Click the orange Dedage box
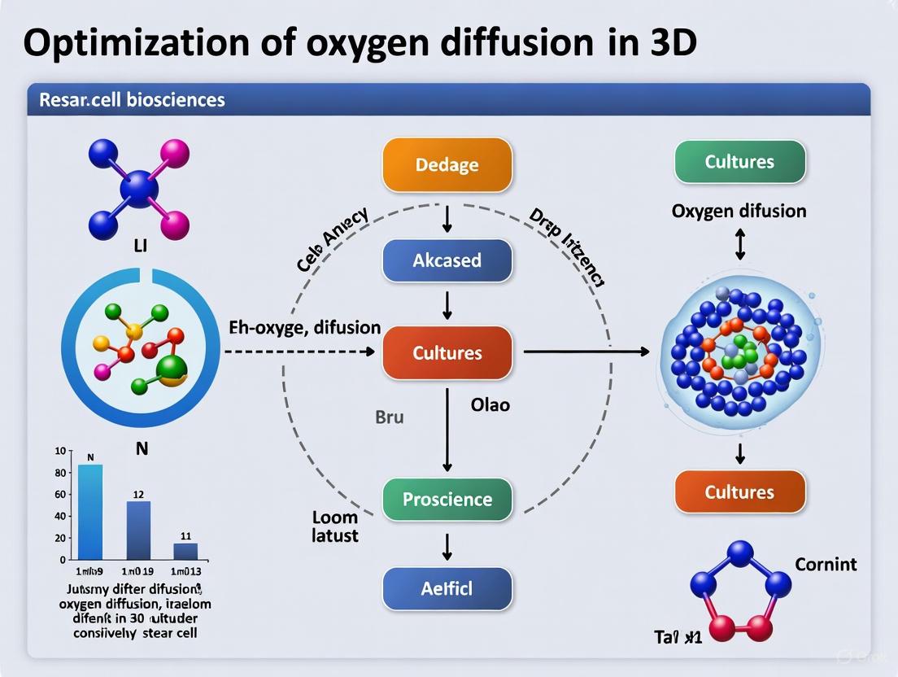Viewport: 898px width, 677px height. (447, 164)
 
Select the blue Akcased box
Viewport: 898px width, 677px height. (447, 260)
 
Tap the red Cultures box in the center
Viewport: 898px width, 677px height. (447, 353)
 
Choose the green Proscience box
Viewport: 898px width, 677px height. (447, 499)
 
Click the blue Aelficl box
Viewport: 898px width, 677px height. (447, 588)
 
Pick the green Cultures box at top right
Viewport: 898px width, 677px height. (739, 161)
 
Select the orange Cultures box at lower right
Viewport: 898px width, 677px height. (739, 491)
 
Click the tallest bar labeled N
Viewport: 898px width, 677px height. (90, 512)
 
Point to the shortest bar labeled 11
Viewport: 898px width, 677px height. (185, 552)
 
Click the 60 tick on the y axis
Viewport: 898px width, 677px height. (59, 495)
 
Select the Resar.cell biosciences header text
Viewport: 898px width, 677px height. (132, 100)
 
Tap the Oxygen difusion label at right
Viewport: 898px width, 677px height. (739, 211)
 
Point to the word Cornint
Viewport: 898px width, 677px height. (825, 564)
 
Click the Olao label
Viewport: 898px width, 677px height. (490, 404)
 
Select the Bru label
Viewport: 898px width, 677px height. (390, 417)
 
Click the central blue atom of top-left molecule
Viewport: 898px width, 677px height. (139, 188)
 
